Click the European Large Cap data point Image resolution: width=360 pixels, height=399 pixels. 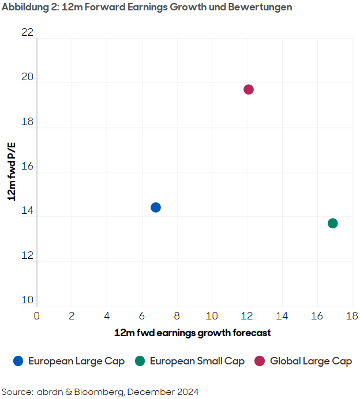pos(155,208)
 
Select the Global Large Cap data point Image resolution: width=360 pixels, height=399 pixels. pos(249,89)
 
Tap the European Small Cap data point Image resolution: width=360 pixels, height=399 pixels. pos(332,223)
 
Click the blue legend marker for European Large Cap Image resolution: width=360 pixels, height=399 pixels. pos(18,361)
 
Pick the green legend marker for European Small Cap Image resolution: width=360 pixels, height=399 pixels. pos(140,361)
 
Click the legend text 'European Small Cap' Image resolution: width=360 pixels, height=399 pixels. pos(197,361)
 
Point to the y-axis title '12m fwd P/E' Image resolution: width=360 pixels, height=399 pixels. pos(12,172)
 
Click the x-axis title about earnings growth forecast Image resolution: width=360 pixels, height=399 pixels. pos(192,333)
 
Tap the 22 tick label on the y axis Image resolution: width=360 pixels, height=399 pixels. pos(27,33)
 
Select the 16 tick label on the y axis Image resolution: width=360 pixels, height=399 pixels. pos(27,167)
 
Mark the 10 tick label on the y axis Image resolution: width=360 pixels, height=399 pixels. pos(27,300)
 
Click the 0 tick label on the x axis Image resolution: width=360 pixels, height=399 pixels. pos(36,316)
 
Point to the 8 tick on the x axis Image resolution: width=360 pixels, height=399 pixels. pos(177,316)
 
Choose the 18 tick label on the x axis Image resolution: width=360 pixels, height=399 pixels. pos(351,316)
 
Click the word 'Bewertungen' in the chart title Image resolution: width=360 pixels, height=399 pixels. pos(263,7)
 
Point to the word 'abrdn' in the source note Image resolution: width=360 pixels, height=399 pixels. pos(51,392)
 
